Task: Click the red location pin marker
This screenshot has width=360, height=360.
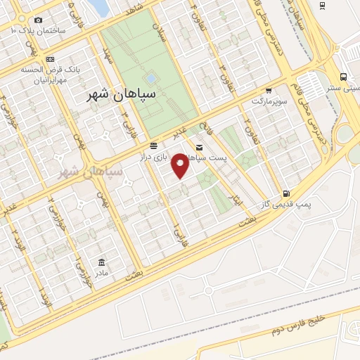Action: coord(181,165)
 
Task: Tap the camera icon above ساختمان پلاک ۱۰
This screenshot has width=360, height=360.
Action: coord(38,20)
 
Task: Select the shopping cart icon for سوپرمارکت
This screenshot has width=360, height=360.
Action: coord(269,90)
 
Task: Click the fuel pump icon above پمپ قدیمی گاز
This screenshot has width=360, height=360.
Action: coord(285,193)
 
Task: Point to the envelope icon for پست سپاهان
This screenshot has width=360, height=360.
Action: coord(200,147)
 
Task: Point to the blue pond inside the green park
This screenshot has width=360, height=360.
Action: coord(150,78)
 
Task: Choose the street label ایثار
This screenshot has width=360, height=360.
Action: coord(238,200)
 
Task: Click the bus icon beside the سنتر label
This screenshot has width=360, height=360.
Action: coord(343,77)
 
